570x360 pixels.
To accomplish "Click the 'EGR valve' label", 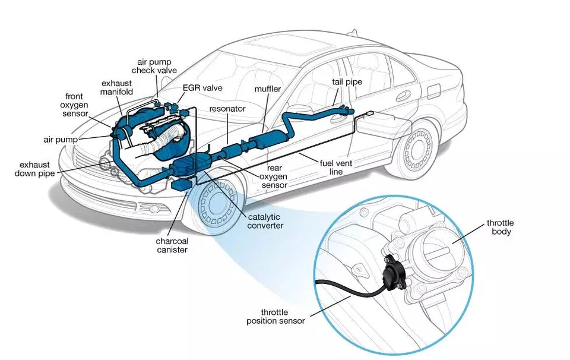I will tap(202, 88).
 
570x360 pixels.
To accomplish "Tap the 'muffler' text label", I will tap(268, 89).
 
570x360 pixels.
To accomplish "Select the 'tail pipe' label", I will tap(347, 82).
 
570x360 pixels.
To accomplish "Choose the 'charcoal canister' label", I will tap(172, 245).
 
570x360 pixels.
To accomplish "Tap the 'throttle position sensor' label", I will tap(275, 316).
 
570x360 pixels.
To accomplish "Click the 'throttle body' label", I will tap(500, 227).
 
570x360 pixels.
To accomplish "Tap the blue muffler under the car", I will tap(265, 142).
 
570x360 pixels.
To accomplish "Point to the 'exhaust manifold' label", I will tap(117, 88).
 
